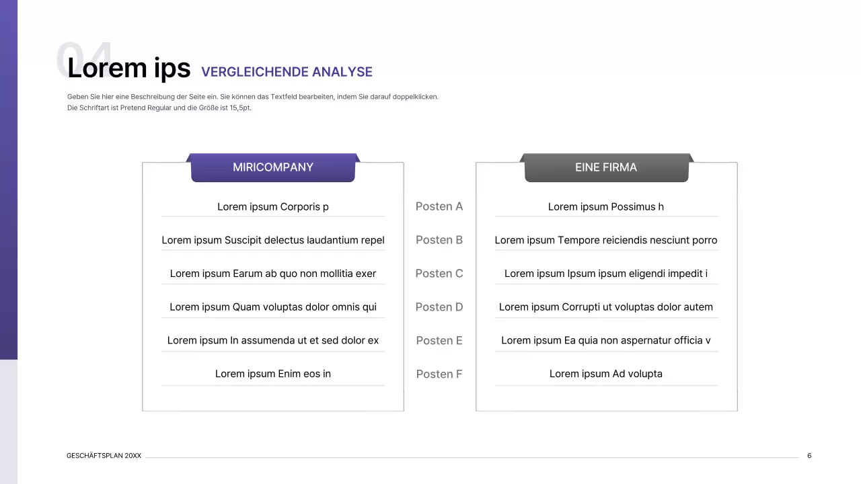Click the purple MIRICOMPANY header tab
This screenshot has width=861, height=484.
coord(272,167)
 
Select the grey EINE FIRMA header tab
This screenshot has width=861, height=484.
coord(606,167)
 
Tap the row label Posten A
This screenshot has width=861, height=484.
coord(439,206)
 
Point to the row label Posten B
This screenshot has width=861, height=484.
coord(439,240)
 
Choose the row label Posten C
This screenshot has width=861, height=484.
coord(439,274)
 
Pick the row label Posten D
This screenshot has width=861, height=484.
coord(439,307)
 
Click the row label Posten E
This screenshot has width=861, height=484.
coord(439,341)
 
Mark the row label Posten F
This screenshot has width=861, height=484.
coord(439,374)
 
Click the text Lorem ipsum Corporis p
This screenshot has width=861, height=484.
coord(273,206)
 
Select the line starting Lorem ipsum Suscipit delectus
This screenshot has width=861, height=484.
coord(273,240)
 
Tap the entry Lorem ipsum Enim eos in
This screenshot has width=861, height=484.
coord(273,374)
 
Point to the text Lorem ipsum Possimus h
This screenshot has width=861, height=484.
coord(606,206)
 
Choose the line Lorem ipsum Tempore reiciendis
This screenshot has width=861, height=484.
coord(606,240)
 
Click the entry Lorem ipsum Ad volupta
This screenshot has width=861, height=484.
coord(606,374)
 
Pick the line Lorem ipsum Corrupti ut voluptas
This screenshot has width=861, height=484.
coord(606,307)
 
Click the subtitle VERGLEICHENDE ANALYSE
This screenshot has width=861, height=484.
coord(287,72)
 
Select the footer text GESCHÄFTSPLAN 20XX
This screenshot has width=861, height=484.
coord(104,456)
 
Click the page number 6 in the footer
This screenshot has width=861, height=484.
coord(809,456)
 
